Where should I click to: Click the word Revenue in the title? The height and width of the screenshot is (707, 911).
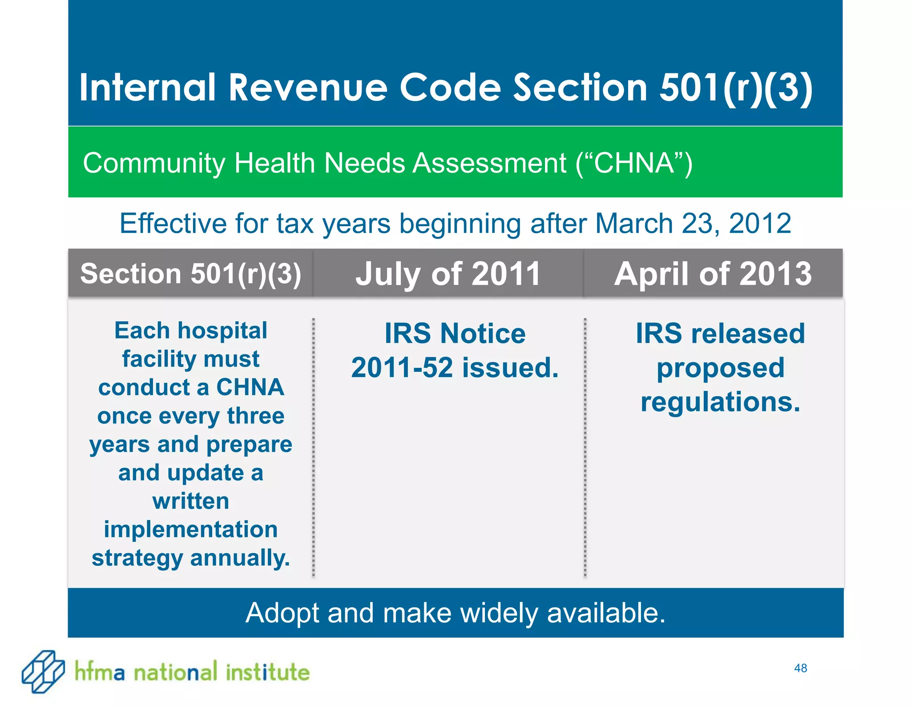pyautogui.click(x=308, y=87)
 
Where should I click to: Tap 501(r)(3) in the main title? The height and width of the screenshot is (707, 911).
pyautogui.click(x=736, y=87)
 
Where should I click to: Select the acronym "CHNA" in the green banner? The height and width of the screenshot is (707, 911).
pyautogui.click(x=634, y=163)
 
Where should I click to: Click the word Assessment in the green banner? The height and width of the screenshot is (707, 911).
pyautogui.click(x=489, y=163)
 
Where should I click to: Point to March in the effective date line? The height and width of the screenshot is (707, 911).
pyautogui.click(x=634, y=223)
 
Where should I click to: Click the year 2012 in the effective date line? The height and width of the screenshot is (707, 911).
pyautogui.click(x=760, y=223)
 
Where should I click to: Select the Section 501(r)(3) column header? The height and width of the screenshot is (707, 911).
pyautogui.click(x=191, y=273)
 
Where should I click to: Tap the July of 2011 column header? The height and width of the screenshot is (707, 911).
pyautogui.click(x=448, y=273)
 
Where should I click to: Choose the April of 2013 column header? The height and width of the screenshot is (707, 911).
pyautogui.click(x=713, y=273)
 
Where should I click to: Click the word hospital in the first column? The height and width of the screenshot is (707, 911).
pyautogui.click(x=222, y=331)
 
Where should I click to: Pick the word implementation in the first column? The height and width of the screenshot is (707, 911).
pyautogui.click(x=191, y=530)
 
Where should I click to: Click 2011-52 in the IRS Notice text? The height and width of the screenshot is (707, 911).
pyautogui.click(x=402, y=368)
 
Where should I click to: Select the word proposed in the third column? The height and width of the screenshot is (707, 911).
pyautogui.click(x=720, y=368)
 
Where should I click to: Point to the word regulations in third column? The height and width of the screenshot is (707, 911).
pyautogui.click(x=720, y=402)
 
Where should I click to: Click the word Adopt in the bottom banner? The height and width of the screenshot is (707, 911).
pyautogui.click(x=282, y=613)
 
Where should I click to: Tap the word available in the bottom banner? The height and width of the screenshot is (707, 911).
pyautogui.click(x=606, y=613)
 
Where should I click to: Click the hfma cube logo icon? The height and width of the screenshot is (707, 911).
pyautogui.click(x=43, y=671)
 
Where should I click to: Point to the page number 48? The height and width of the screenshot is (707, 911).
pyautogui.click(x=800, y=668)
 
